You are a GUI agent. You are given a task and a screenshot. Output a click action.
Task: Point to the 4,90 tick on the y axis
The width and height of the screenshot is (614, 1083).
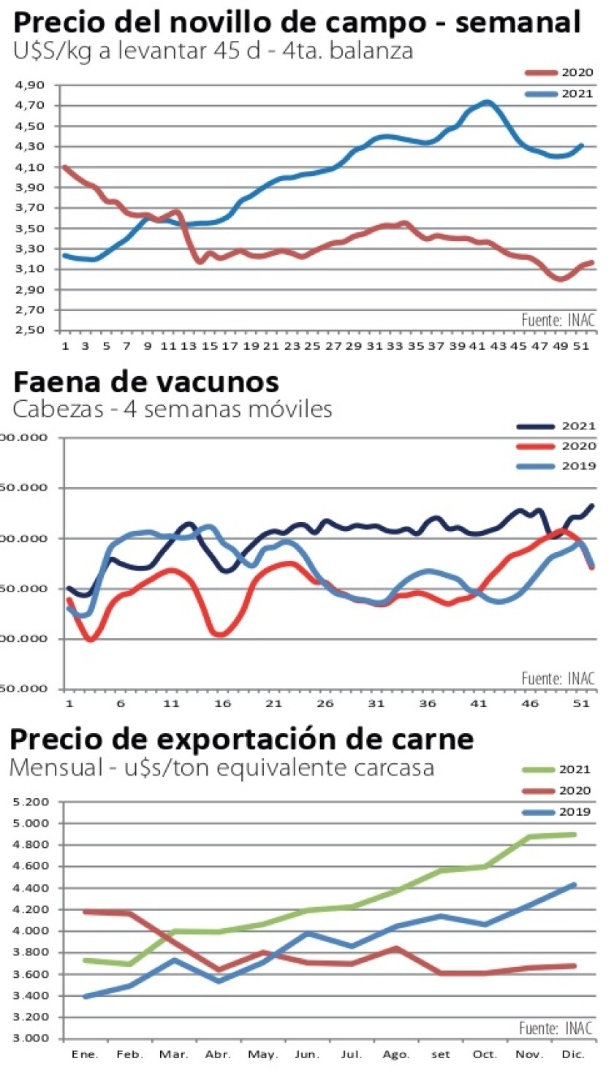point(30,85)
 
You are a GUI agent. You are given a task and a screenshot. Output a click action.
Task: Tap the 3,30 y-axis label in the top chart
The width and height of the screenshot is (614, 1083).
point(30,249)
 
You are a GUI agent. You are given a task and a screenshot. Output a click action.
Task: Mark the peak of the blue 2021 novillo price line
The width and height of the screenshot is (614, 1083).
point(487,102)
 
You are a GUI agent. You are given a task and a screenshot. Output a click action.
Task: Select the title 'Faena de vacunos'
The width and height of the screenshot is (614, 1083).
point(146,381)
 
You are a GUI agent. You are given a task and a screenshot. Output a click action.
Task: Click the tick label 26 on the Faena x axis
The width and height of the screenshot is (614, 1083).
point(325,703)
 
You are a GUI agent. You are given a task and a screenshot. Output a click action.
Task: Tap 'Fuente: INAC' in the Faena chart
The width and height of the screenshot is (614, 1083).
point(558,678)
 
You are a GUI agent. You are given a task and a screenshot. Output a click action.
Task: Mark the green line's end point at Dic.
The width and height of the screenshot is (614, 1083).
point(575,834)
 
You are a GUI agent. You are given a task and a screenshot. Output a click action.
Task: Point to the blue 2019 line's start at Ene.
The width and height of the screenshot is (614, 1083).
point(85,996)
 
